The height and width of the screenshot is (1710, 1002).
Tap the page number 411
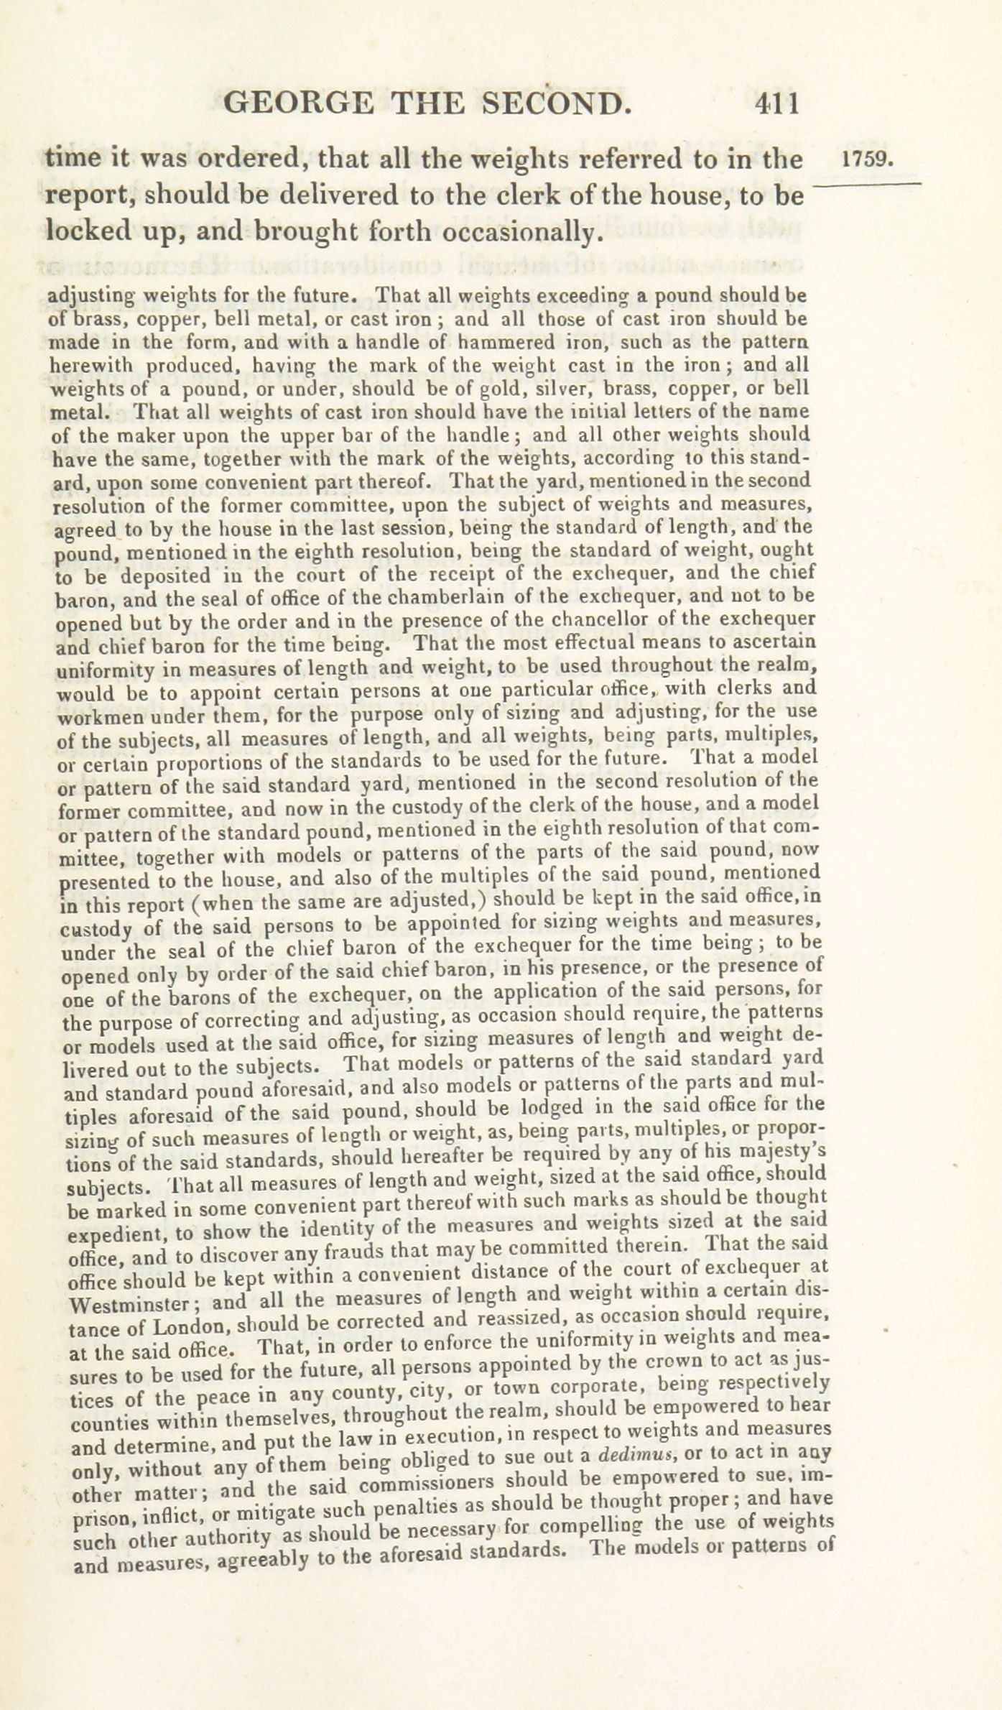pyautogui.click(x=776, y=104)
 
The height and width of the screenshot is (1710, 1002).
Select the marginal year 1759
pyautogui.click(x=868, y=160)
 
